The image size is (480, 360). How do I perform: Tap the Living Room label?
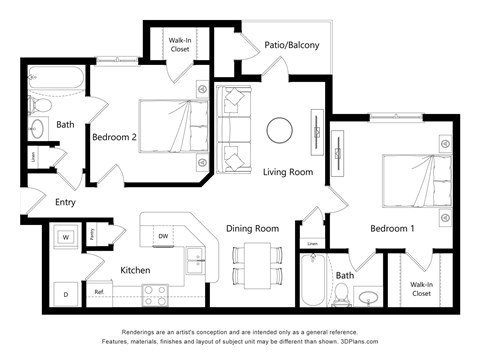click(x=288, y=172)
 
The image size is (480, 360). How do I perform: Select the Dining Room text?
click(x=251, y=228)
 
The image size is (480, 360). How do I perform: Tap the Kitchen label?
click(x=136, y=270)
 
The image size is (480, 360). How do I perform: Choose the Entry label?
click(x=65, y=202)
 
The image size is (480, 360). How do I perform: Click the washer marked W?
click(x=65, y=238)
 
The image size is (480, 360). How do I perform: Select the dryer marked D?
click(x=65, y=294)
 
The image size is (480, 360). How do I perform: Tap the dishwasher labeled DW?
click(x=163, y=236)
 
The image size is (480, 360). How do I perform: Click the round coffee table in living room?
click(x=279, y=130)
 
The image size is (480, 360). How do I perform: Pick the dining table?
click(x=252, y=264)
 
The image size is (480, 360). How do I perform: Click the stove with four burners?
click(x=155, y=294)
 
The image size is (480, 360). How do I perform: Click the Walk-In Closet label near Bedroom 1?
click(x=421, y=289)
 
